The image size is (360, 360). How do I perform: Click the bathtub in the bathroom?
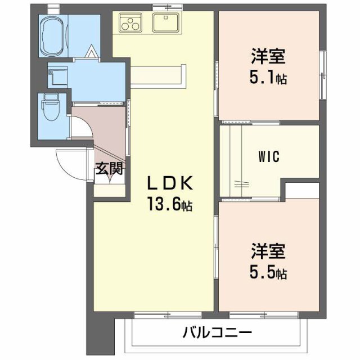(x=54, y=35)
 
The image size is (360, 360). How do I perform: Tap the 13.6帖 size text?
(x=170, y=205)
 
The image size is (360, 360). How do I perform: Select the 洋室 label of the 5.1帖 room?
(x=268, y=57)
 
